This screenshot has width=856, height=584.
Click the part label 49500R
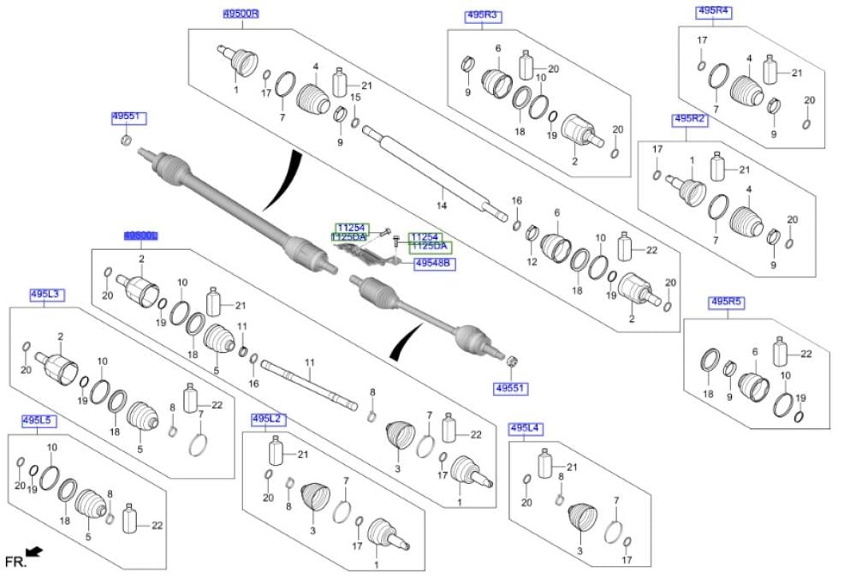click(x=241, y=15)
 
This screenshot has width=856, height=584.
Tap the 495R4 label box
click(x=713, y=11)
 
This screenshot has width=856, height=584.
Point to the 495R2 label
click(x=690, y=119)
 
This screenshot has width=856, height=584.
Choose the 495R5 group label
click(x=728, y=301)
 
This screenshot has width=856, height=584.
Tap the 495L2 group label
click(x=268, y=419)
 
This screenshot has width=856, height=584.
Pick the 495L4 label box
click(x=526, y=427)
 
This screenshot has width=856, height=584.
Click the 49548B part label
click(x=434, y=264)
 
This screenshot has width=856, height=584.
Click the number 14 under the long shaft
click(x=442, y=206)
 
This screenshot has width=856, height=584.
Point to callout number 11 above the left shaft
click(x=310, y=363)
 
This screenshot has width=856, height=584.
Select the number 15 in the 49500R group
click(x=355, y=98)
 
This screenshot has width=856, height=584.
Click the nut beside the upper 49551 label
click(x=126, y=140)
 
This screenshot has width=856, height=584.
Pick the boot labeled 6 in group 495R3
click(x=496, y=84)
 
